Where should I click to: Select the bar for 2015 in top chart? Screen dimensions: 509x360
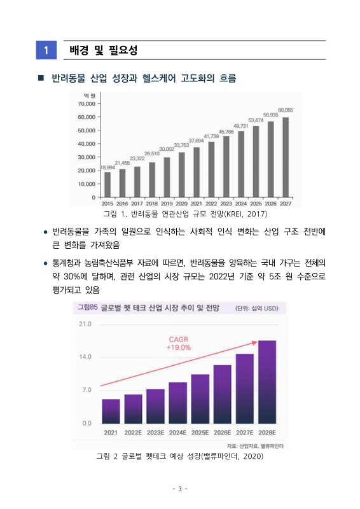click(x=107, y=185)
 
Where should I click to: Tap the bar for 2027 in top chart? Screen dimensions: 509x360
click(x=286, y=157)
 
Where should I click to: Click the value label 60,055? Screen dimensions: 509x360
click(x=286, y=110)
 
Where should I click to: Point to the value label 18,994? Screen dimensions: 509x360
click(x=107, y=167)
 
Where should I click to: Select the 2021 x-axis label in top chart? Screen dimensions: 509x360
click(x=196, y=204)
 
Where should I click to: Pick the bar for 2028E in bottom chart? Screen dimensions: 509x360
click(x=267, y=382)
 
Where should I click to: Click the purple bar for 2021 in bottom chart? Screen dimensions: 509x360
click(x=111, y=411)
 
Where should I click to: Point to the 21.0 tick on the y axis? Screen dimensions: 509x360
click(x=85, y=324)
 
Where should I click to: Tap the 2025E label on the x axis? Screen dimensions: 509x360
click(x=200, y=433)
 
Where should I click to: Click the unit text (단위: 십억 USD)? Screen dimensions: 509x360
click(x=261, y=309)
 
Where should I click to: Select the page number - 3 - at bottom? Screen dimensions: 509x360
click(x=180, y=489)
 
